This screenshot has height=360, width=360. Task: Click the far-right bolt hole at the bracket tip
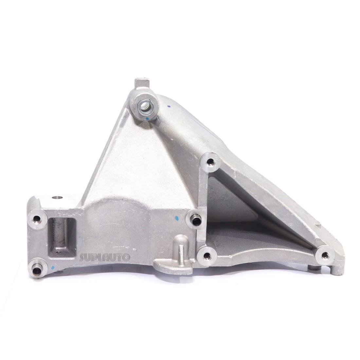325,255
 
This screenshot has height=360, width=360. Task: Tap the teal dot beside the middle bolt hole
177,218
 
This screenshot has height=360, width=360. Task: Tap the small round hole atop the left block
57,197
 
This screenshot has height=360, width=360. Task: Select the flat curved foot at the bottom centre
173,266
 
